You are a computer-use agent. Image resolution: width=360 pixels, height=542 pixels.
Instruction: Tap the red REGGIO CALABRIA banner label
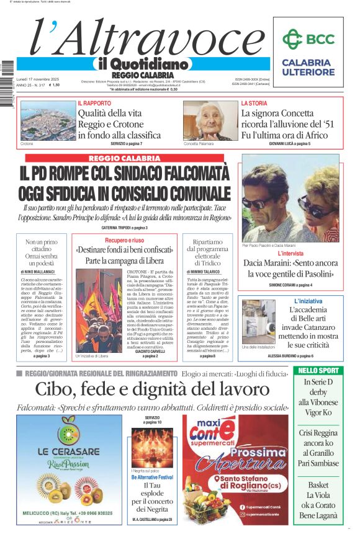[125, 159]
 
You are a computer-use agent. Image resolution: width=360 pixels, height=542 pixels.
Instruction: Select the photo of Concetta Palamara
[210, 120]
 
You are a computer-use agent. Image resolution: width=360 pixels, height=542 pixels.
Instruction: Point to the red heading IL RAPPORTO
[94, 103]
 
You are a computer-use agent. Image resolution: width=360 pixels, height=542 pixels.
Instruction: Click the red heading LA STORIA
[254, 103]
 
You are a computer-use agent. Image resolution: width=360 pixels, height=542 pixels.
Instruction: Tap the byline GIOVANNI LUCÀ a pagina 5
[289, 144]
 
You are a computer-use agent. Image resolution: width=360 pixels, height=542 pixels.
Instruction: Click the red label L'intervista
[290, 254]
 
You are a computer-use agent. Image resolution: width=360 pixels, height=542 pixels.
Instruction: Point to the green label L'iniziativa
[308, 301]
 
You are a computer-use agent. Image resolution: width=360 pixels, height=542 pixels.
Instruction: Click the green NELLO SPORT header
[317, 371]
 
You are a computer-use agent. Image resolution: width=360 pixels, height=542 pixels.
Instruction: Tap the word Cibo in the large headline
[58, 389]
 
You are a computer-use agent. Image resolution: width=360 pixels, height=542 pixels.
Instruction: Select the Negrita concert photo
[152, 445]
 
